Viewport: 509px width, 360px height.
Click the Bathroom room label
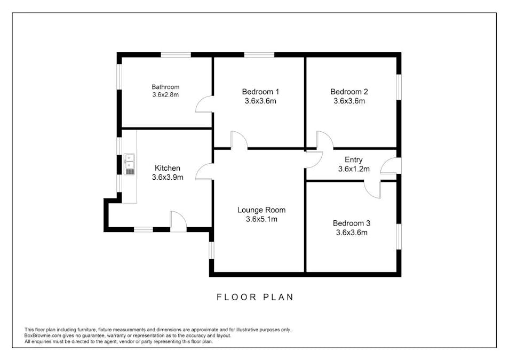click(165, 87)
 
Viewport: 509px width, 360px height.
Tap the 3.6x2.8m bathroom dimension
click(165, 95)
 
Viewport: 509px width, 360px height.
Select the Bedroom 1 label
click(260, 92)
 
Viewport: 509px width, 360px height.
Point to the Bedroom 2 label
click(349, 92)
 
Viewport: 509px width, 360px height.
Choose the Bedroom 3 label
click(352, 223)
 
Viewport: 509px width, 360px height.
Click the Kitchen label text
click(168, 168)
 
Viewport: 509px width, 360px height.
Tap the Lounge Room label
click(261, 210)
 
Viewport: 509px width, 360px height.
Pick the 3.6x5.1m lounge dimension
click(261, 219)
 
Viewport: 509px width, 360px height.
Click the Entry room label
click(354, 159)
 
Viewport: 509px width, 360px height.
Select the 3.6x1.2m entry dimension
click(354, 169)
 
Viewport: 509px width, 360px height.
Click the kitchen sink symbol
click(129, 164)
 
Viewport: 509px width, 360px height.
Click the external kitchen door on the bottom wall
click(178, 221)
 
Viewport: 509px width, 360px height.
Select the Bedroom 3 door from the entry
click(372, 189)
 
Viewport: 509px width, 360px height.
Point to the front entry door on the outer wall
click(391, 165)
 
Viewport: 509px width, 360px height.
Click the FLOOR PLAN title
click(255, 297)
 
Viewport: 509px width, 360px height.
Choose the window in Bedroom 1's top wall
click(259, 54)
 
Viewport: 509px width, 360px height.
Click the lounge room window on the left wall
click(211, 250)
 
